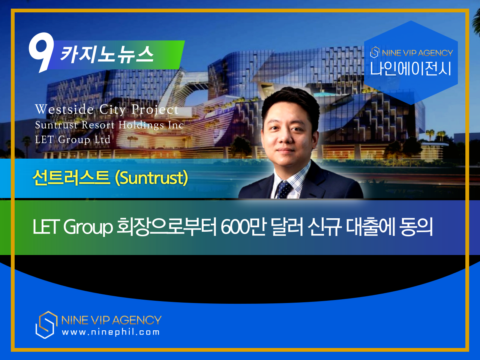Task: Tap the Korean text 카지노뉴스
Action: [x=107, y=54]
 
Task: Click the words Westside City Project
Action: [x=107, y=109]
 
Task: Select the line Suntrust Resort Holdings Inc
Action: [x=109, y=125]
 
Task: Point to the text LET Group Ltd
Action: [x=73, y=139]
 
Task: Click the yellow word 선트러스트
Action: [x=71, y=178]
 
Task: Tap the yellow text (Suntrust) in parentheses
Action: [x=151, y=178]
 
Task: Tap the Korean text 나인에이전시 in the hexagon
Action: [x=411, y=69]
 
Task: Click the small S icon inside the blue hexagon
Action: [x=375, y=52]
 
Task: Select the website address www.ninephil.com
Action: [x=111, y=332]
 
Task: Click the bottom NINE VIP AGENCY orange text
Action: [x=111, y=320]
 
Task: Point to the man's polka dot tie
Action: [x=284, y=189]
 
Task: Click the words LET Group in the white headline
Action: [x=72, y=227]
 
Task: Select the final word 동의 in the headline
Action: [x=416, y=227]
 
